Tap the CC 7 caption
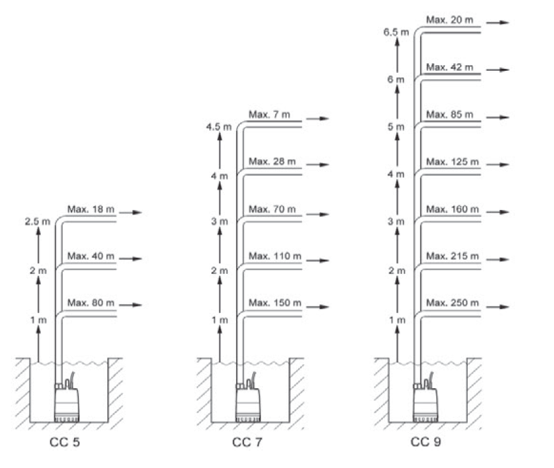pos(246,442)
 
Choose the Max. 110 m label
pos(274,256)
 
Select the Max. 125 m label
pos(452,161)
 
